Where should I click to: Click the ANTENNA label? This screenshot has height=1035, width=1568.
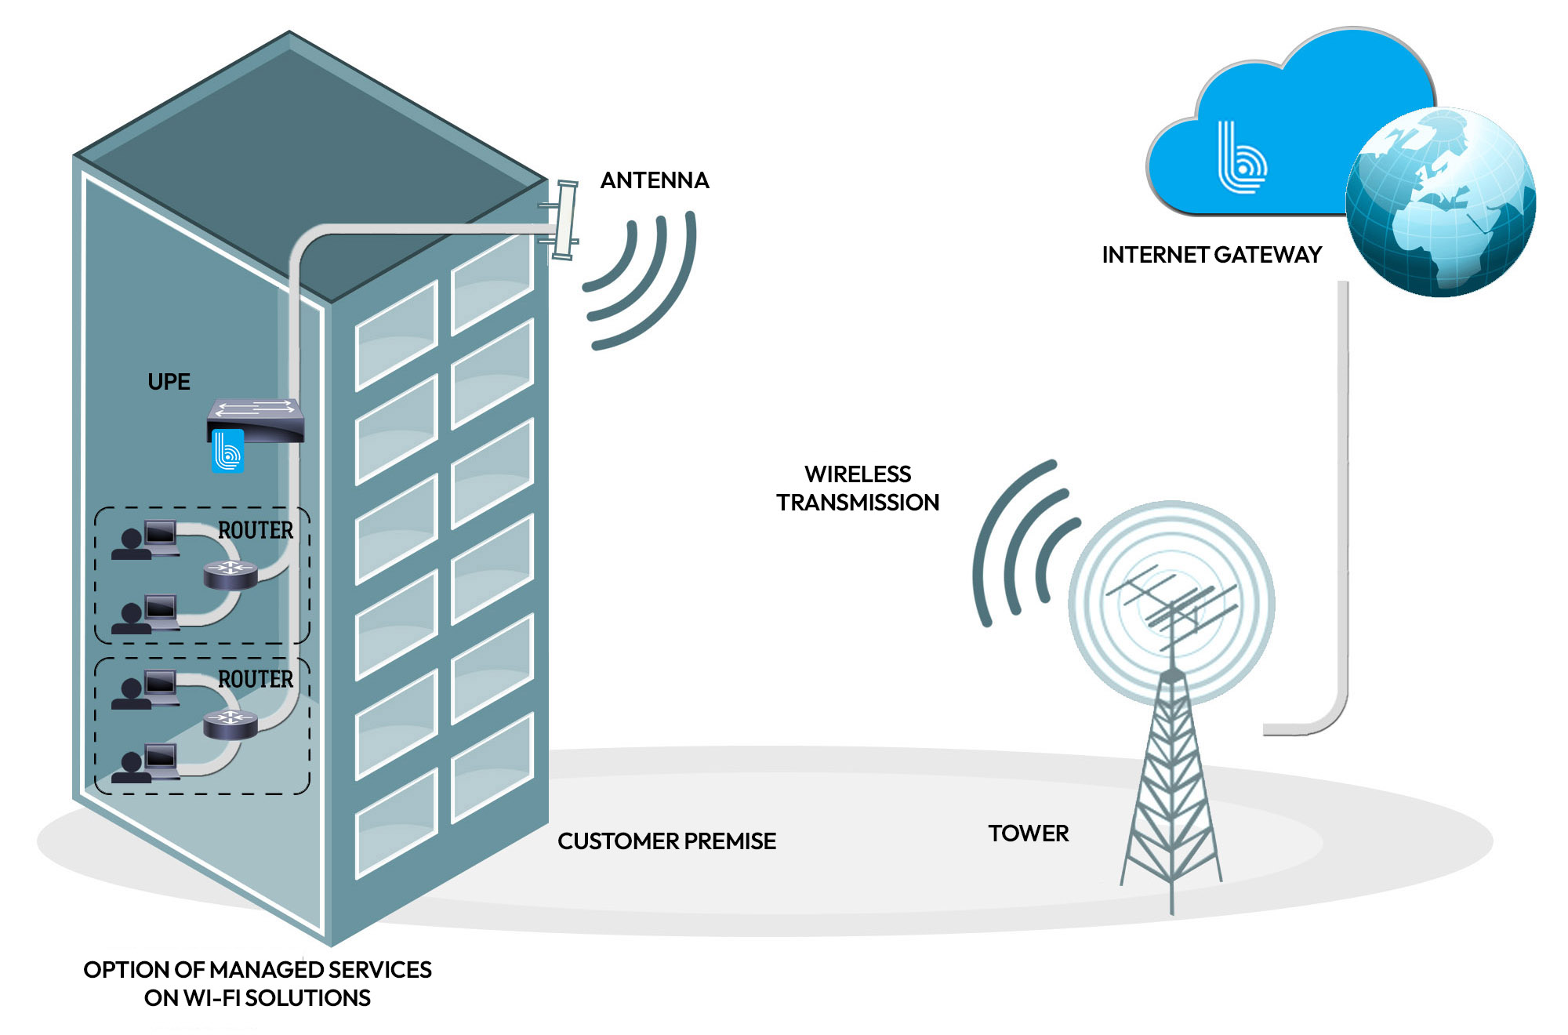coord(654,180)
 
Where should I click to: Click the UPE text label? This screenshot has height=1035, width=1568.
coord(169,382)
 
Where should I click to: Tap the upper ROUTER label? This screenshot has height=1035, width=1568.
coord(256,531)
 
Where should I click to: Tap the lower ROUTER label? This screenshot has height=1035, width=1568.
coord(256,680)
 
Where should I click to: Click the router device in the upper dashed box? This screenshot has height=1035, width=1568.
coord(230,573)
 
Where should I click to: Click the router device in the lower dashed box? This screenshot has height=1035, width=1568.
coord(230,723)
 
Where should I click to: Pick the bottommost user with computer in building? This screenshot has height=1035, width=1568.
coord(146,764)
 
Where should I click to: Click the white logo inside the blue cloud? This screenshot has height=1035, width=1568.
coord(1241,158)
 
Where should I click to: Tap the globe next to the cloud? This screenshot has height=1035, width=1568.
coord(1441,202)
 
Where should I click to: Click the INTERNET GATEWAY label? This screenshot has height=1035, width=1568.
coord(1211,255)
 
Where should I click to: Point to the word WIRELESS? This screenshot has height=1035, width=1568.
coord(858,474)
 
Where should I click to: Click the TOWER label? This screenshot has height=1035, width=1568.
coord(1028,833)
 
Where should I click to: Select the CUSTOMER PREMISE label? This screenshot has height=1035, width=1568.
coord(666,841)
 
